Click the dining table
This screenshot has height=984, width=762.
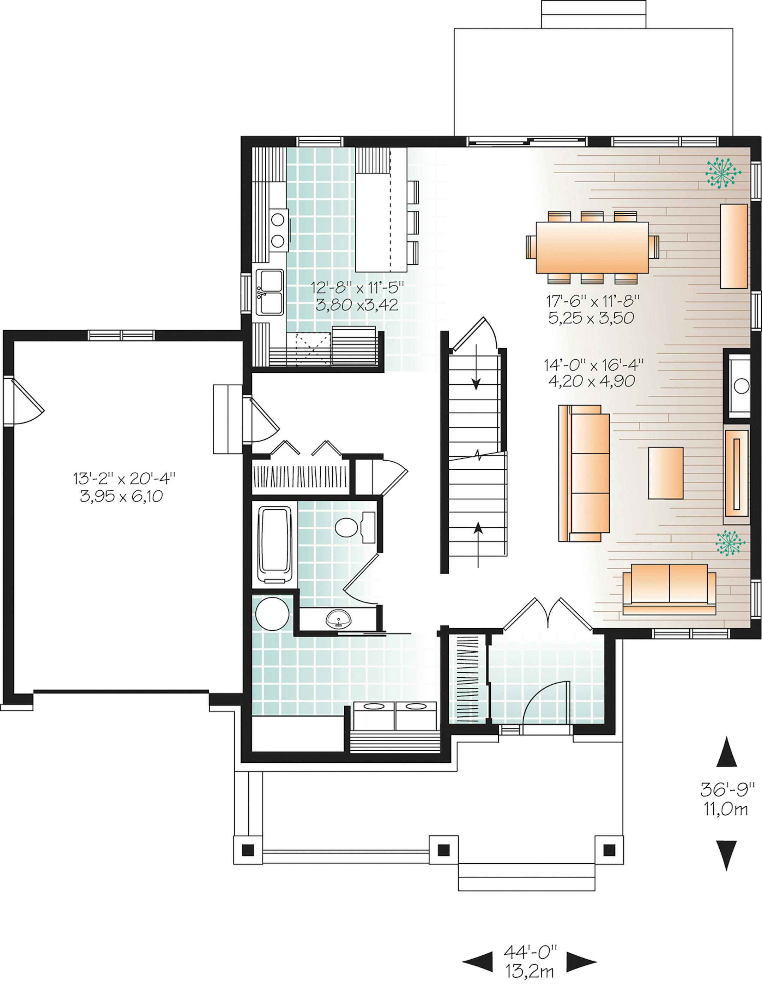592,247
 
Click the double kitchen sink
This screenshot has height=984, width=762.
269,292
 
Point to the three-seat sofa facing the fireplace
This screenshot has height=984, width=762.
583,473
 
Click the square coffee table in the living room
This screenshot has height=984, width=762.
665,473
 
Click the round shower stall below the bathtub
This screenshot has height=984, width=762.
272,614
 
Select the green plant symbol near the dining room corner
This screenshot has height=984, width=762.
723,172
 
